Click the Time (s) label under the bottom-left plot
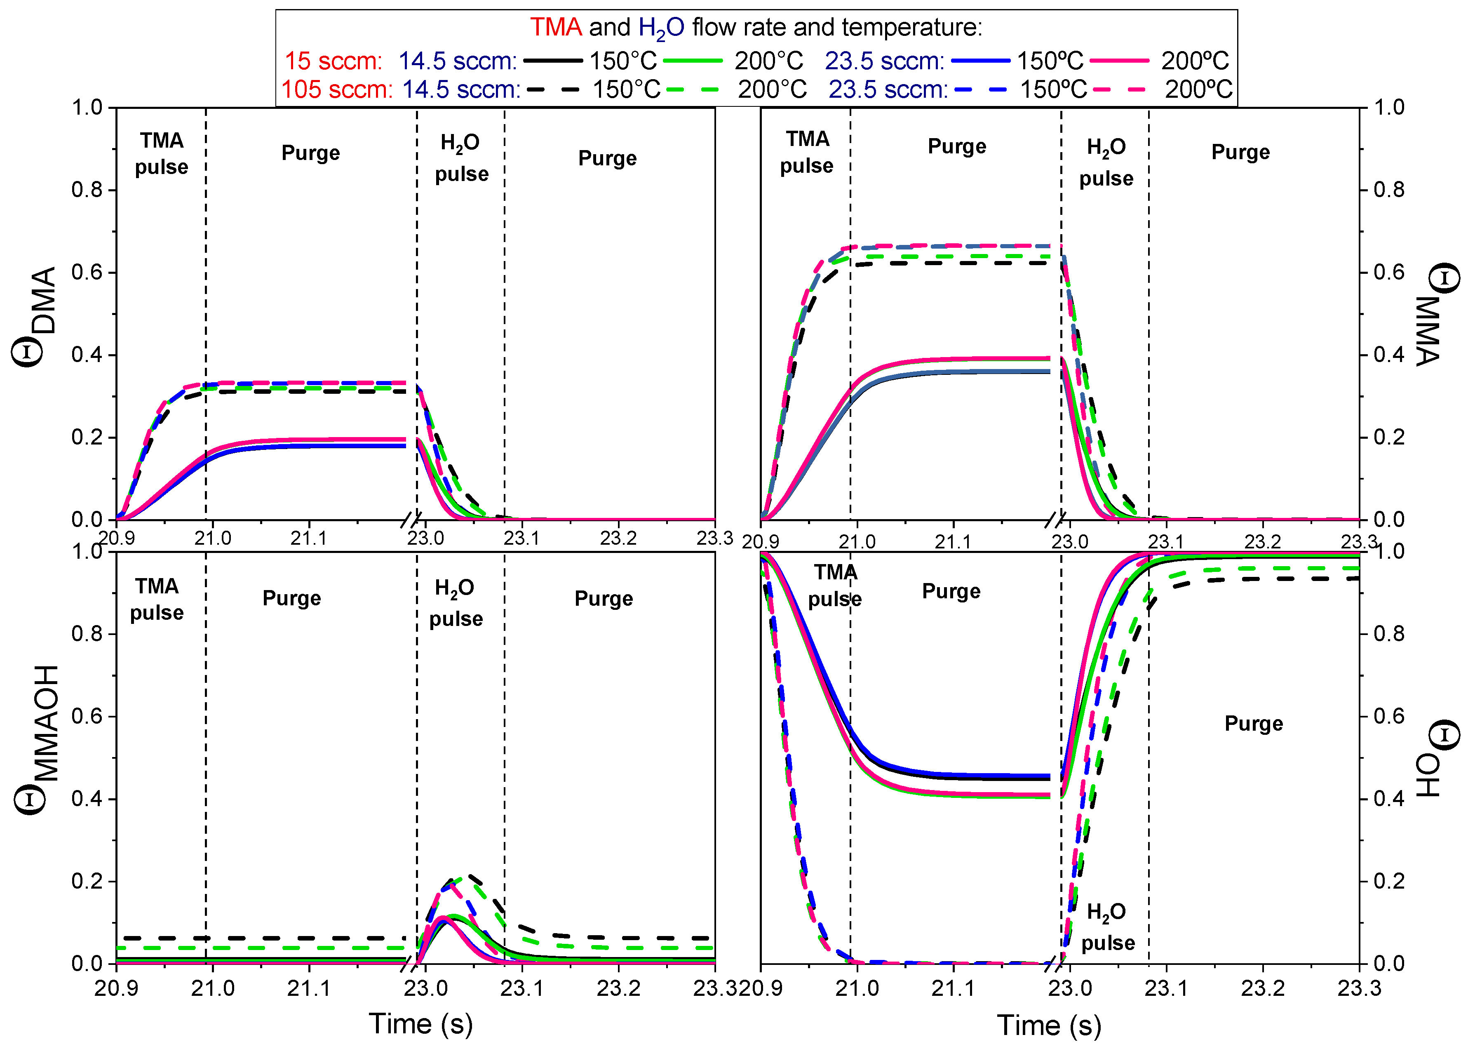click(420, 1023)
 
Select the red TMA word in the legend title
click(555, 27)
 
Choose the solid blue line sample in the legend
click(980, 61)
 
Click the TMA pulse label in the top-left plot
click(162, 153)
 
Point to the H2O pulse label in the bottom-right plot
click(1107, 927)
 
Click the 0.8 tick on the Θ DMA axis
click(87, 190)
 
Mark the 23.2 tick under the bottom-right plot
click(1263, 988)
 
